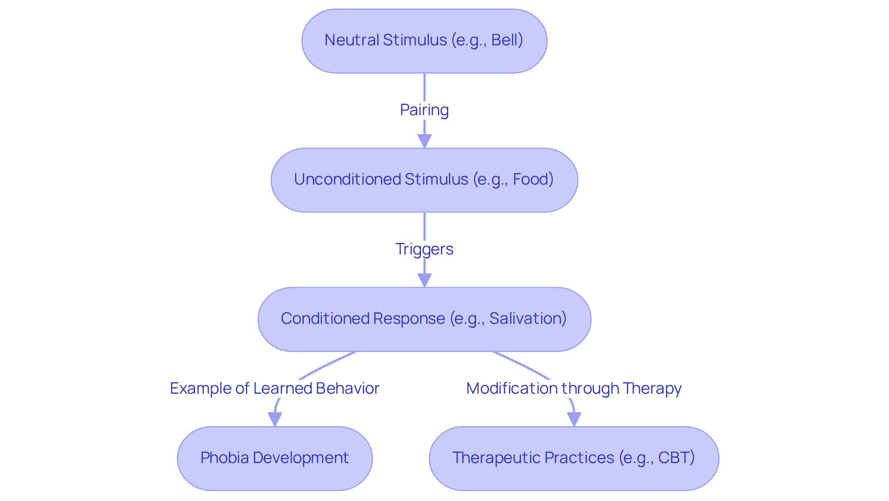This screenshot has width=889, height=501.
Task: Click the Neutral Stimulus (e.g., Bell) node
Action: tap(424, 41)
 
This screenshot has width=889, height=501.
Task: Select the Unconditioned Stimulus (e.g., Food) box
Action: tap(424, 180)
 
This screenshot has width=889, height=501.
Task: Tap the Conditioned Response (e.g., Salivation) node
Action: tap(424, 319)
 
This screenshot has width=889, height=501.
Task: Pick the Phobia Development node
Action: tap(275, 458)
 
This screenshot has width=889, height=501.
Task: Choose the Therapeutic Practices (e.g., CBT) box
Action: tap(574, 458)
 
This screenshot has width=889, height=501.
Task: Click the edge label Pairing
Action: tap(424, 110)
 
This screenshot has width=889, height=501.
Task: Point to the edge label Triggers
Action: tap(424, 249)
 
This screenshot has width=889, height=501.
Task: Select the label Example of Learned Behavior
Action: tap(275, 389)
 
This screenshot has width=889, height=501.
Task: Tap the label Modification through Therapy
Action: tap(574, 389)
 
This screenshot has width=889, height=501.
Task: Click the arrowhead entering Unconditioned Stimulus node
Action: tap(424, 141)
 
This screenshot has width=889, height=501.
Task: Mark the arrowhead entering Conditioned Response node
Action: tap(424, 280)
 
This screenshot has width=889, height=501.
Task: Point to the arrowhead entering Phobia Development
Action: tap(275, 419)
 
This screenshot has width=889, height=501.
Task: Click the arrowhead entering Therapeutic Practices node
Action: tap(574, 419)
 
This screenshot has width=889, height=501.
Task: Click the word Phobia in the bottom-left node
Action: tap(225, 458)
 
